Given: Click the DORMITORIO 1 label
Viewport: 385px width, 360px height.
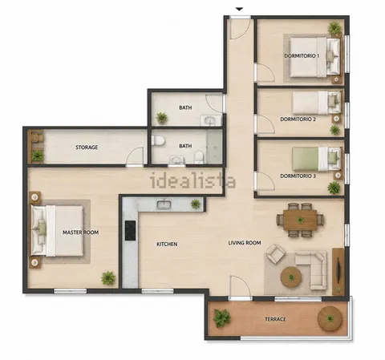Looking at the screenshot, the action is (302, 56).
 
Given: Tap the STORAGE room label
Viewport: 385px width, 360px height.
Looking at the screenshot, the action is (87, 148).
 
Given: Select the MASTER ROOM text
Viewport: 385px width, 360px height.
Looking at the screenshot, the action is (80, 233).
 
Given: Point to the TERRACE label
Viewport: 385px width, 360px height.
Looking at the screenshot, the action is (275, 319).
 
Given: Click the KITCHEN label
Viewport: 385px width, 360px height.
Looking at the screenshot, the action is (167, 244).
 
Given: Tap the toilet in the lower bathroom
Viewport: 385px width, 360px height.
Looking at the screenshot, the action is (158, 140).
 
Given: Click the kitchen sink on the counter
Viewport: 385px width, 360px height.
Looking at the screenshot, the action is (164, 204).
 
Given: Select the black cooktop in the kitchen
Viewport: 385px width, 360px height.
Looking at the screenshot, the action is (130, 230).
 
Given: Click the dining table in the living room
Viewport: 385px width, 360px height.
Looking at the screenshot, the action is (300, 220).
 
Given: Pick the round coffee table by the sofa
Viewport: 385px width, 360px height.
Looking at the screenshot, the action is (291, 277).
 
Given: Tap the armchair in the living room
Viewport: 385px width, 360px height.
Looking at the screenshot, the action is (275, 253).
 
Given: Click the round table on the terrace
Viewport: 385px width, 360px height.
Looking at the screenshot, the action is (330, 318).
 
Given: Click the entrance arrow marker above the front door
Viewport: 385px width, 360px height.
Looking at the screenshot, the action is (239, 10).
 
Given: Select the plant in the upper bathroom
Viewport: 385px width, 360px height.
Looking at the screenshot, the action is (161, 118).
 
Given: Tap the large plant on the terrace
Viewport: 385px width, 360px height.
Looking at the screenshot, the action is (221, 318).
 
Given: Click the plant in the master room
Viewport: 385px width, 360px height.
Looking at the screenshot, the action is (108, 278).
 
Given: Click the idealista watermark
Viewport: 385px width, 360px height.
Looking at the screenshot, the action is (192, 180).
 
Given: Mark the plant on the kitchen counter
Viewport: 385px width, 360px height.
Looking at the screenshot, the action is (196, 204).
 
